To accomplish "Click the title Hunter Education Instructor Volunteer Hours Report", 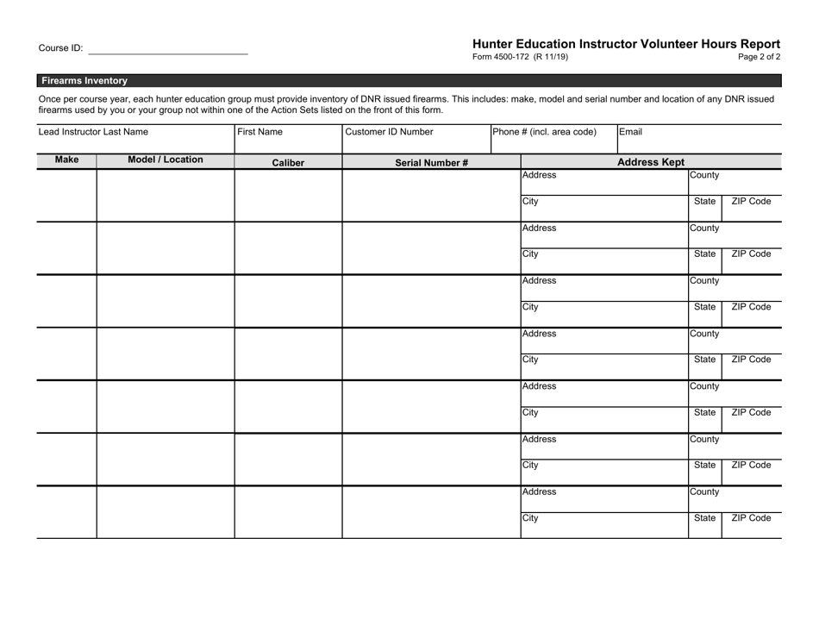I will pyautogui.click(x=626, y=44).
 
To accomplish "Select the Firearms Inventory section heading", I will pyautogui.click(x=84, y=80).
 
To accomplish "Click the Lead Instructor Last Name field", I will pyautogui.click(x=93, y=133).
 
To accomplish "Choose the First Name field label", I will pyautogui.click(x=260, y=133).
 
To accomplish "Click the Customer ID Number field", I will pyautogui.click(x=389, y=133).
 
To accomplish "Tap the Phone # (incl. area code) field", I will pyautogui.click(x=544, y=133).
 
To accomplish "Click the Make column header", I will pyautogui.click(x=66, y=160).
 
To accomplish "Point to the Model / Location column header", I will pyautogui.click(x=166, y=160).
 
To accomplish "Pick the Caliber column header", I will pyautogui.click(x=288, y=162).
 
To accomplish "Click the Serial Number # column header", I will pyautogui.click(x=431, y=162).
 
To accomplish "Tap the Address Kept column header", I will pyautogui.click(x=651, y=161).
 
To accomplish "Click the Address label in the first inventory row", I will pyautogui.click(x=540, y=176).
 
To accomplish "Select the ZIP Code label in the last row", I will pyautogui.click(x=751, y=518).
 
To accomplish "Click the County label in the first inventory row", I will pyautogui.click(x=704, y=176).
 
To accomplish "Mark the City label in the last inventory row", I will pyautogui.click(x=531, y=518).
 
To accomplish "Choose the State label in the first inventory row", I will pyautogui.click(x=704, y=202).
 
